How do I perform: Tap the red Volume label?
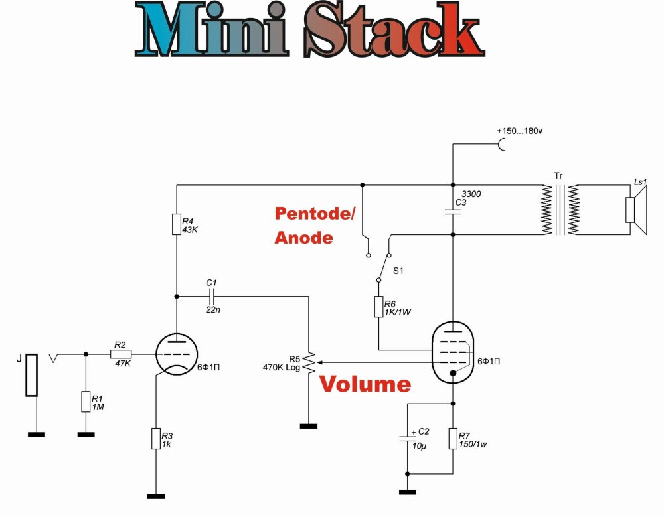tap(366, 384)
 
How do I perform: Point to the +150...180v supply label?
tap(519, 132)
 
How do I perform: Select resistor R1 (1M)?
tap(85, 402)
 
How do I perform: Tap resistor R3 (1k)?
tap(155, 439)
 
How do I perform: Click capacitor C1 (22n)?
tap(211, 297)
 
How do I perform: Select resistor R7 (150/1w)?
tap(453, 439)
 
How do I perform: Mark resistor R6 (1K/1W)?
tap(378, 307)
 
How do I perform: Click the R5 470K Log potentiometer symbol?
tap(309, 363)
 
